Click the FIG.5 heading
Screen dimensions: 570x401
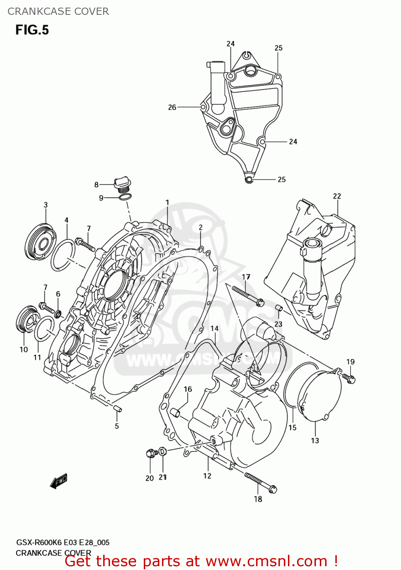coord(32,30)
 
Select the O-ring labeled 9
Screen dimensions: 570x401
coord(126,197)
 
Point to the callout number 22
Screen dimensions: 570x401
coord(337,196)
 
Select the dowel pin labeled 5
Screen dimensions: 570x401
coord(117,409)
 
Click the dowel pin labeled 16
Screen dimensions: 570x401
coord(175,412)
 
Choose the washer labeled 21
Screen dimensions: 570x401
coord(162,451)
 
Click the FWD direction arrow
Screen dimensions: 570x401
coord(58,481)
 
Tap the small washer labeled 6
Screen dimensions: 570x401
coord(58,314)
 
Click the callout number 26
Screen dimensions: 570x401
coord(172,107)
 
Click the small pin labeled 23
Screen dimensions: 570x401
coord(278,307)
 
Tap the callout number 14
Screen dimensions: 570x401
coord(214,328)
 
